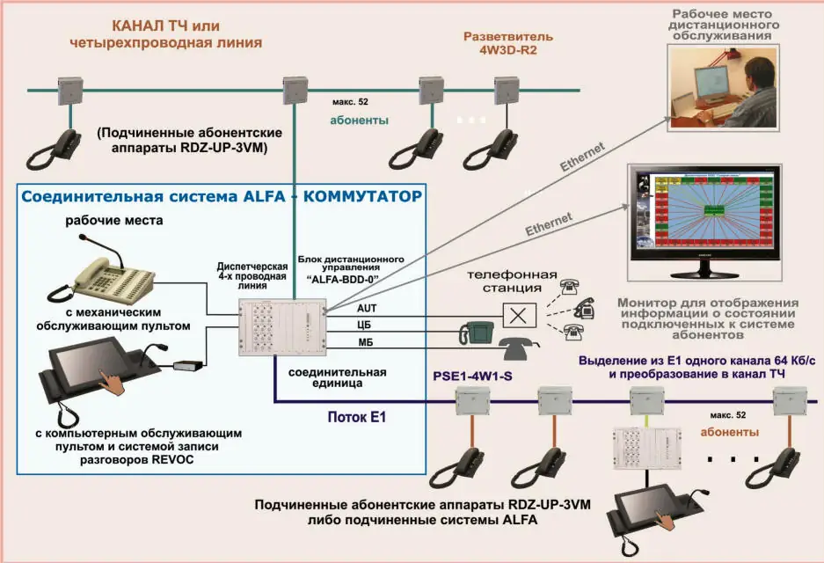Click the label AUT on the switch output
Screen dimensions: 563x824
366,309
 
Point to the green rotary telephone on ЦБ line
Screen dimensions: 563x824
477,332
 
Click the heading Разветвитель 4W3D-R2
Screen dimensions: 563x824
508,44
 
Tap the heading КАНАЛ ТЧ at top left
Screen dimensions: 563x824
166,26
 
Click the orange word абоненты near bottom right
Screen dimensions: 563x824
729,433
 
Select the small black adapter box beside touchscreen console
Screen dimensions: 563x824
187,363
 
